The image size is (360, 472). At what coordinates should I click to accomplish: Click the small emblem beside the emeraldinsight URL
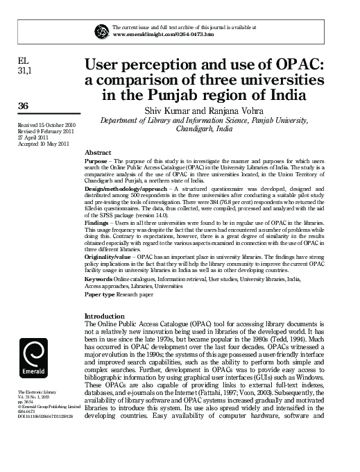point(103,30)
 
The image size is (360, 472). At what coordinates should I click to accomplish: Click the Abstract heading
point(97,152)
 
